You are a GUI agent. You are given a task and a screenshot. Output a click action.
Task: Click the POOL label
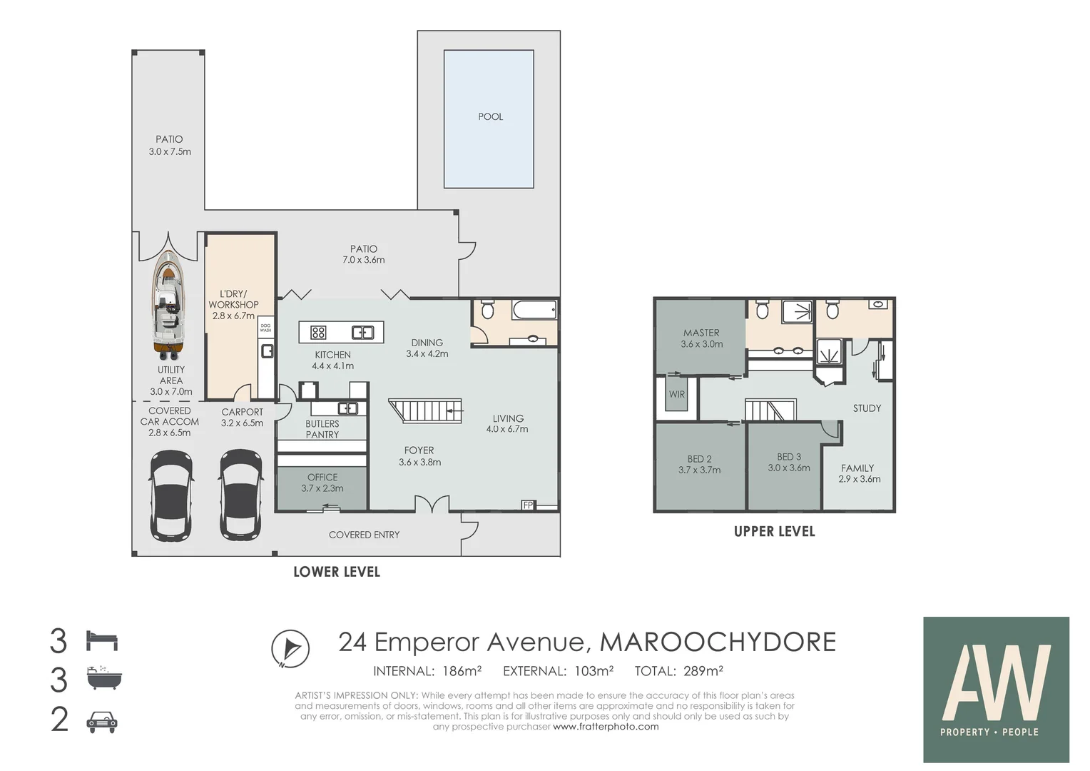pos(490,116)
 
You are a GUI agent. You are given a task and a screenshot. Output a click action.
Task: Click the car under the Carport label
pos(241,494)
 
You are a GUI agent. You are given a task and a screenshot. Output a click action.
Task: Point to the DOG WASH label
pos(265,328)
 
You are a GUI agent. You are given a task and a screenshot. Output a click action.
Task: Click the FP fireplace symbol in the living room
pos(528,505)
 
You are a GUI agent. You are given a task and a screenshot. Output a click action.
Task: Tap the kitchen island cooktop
pos(318,332)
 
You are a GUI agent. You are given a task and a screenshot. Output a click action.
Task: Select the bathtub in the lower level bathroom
pos(534,310)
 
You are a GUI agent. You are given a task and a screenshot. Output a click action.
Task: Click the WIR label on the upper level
pos(677,394)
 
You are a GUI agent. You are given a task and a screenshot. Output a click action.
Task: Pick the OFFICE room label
pos(322,477)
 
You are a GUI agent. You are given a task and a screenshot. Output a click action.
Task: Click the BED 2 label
pos(699,459)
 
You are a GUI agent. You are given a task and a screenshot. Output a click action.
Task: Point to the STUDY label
pos(867,408)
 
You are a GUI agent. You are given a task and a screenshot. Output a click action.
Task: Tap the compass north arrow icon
pos(290,649)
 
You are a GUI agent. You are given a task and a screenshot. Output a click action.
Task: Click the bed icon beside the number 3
pos(101,640)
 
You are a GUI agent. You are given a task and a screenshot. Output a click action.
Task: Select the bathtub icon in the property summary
pos(103,678)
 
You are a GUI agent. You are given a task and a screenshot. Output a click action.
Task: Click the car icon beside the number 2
pos(102,722)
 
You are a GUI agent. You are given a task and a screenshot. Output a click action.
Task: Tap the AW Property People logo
pos(996,690)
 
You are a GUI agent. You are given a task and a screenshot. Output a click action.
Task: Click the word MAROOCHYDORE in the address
pos(718,642)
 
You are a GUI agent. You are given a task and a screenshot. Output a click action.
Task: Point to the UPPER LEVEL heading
pos(774,532)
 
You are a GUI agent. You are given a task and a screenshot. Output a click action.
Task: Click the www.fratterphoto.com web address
pos(606,727)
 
